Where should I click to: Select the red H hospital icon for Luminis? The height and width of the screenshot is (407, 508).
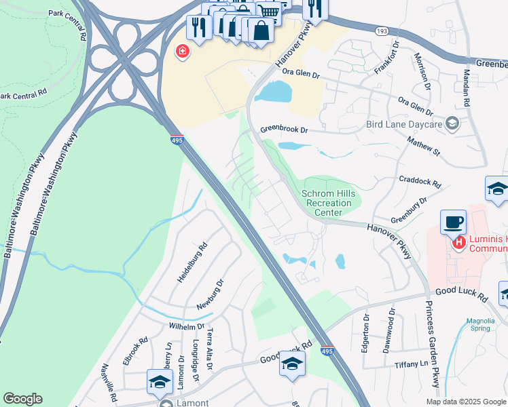pyautogui.click(x=459, y=241)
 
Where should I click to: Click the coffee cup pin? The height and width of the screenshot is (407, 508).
pyautogui.click(x=453, y=222)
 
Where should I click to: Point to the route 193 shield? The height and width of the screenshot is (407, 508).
pyautogui.click(x=382, y=31)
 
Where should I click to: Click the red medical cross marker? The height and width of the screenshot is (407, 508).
pyautogui.click(x=182, y=51)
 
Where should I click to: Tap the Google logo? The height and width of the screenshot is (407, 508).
pyautogui.click(x=22, y=399)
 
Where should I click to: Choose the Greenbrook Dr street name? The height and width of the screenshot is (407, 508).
pyautogui.click(x=284, y=129)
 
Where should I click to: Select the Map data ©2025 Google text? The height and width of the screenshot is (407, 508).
pyautogui.click(x=465, y=402)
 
